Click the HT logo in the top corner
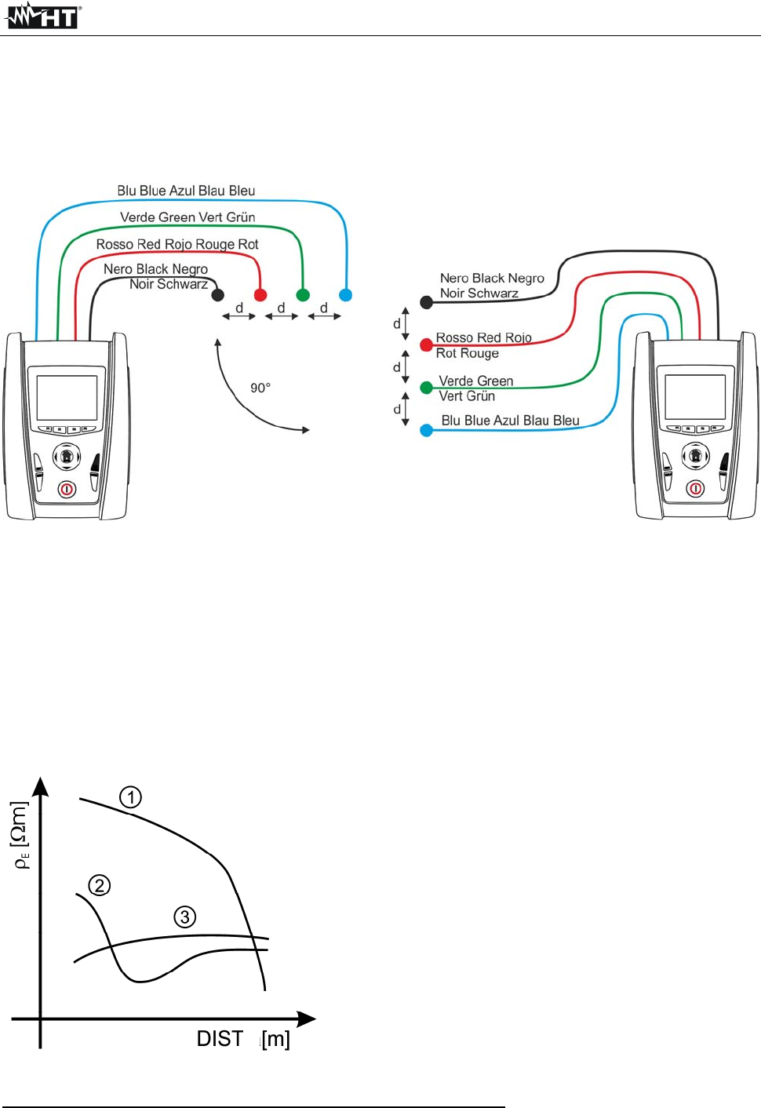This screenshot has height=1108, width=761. (x=43, y=16)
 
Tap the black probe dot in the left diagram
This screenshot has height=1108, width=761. (x=218, y=295)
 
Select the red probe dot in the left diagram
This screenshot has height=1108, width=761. (x=260, y=295)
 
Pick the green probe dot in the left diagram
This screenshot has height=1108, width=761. (x=303, y=295)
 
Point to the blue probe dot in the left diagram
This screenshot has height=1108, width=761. (x=345, y=295)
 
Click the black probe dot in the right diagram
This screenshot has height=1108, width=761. (x=427, y=302)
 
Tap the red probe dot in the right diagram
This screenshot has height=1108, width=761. (x=426, y=344)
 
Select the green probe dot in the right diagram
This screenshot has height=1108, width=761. (x=427, y=388)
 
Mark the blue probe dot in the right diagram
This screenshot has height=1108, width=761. (x=427, y=430)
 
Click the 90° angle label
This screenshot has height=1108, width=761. (x=260, y=388)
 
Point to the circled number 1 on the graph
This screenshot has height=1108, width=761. (x=130, y=797)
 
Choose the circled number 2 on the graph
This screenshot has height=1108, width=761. (x=99, y=886)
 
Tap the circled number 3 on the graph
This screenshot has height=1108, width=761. (x=185, y=917)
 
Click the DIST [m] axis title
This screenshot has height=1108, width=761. (x=243, y=1039)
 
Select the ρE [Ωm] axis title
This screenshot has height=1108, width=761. (x=21, y=835)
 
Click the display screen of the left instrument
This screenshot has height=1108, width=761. (x=67, y=397)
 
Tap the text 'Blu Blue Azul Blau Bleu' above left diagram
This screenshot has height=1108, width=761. (x=186, y=191)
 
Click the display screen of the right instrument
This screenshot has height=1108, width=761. (x=695, y=397)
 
